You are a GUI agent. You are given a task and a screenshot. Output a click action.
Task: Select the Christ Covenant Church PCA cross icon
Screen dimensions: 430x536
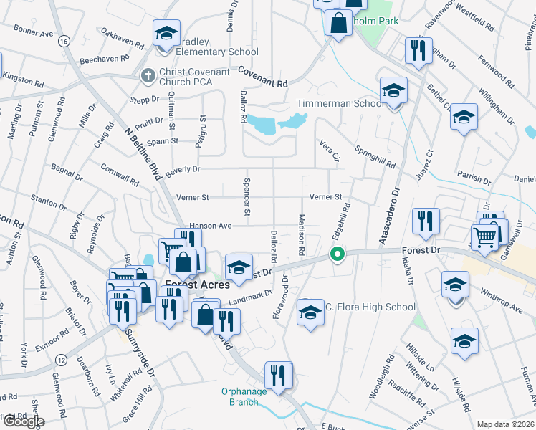148,75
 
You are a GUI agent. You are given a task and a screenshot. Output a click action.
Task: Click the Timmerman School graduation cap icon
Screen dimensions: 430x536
393,91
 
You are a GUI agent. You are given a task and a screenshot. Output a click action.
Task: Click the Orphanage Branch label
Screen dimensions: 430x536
244,396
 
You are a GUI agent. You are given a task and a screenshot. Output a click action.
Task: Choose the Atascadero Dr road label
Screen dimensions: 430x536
391,215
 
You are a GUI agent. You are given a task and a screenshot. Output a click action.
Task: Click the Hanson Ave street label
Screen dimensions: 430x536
210,226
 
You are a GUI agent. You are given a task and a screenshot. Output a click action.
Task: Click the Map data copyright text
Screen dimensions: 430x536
505,424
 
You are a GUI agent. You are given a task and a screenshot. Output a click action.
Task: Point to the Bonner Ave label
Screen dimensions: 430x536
34,33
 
